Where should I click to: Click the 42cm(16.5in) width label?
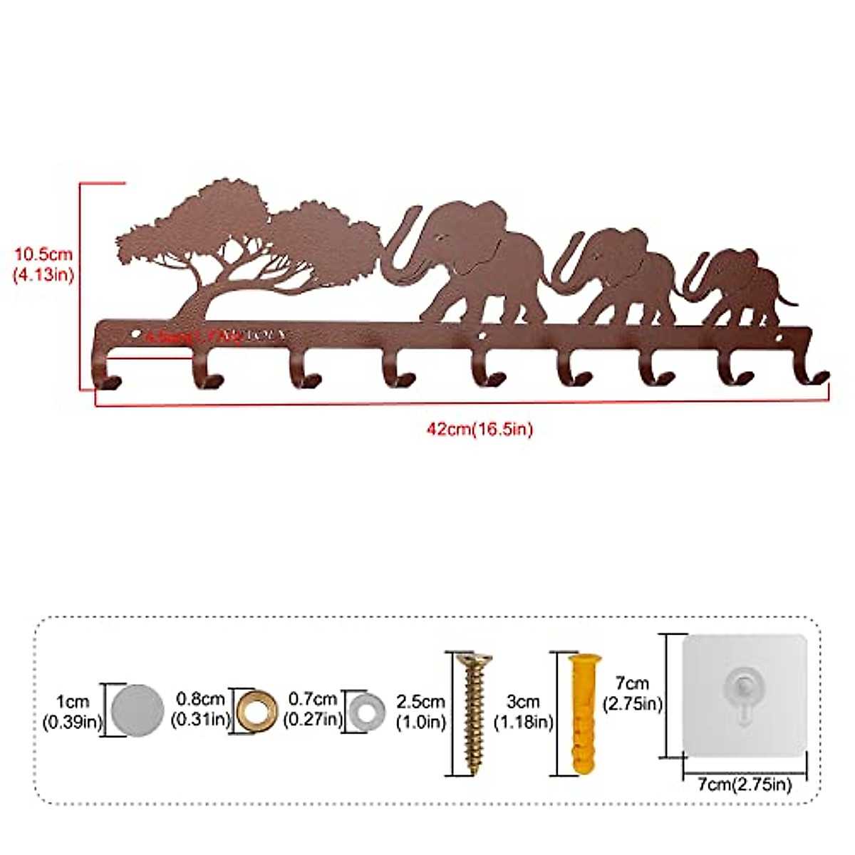point(480,429)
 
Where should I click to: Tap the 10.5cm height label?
point(44,264)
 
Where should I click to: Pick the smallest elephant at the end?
point(741,285)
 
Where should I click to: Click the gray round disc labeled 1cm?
point(138,710)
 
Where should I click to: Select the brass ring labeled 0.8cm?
point(256,710)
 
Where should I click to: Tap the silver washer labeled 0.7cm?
point(367,710)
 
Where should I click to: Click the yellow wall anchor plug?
point(582,712)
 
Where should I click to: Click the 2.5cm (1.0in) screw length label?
point(420,711)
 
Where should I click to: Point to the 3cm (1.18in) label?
point(524,711)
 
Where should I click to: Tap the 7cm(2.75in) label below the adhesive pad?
point(744,784)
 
